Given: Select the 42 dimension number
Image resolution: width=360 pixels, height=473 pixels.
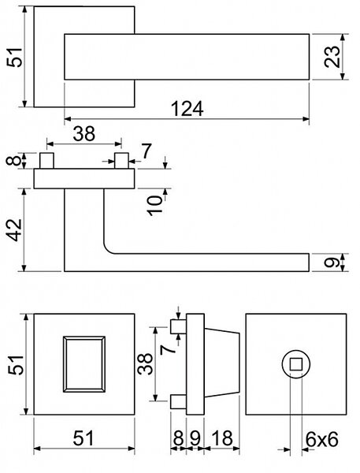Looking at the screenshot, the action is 14,230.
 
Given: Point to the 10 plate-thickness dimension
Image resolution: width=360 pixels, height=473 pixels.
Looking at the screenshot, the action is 155,205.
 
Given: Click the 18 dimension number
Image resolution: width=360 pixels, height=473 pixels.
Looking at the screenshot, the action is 222,438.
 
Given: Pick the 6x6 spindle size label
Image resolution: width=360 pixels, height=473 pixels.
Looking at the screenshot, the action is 321,439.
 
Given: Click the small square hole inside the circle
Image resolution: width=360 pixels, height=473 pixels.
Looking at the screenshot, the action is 295,364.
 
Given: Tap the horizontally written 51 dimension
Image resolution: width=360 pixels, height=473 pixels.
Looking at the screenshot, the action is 84,438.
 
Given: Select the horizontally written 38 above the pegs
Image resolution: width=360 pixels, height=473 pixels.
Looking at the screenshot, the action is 84,134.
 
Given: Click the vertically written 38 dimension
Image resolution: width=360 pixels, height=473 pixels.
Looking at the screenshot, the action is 145,363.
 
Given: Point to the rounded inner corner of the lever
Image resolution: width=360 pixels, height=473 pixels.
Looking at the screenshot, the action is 108,249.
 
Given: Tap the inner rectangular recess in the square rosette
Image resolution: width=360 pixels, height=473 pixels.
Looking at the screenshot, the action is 84,364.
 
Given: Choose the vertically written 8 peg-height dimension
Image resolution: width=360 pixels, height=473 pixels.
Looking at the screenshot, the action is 13,160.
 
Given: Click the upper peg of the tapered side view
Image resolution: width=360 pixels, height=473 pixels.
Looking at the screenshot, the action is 178,326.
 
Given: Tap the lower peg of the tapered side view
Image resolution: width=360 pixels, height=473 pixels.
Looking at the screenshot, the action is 178,401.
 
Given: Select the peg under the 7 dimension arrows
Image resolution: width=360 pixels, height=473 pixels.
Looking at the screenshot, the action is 121,161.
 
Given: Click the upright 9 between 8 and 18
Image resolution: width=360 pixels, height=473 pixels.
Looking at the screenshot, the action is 195,438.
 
